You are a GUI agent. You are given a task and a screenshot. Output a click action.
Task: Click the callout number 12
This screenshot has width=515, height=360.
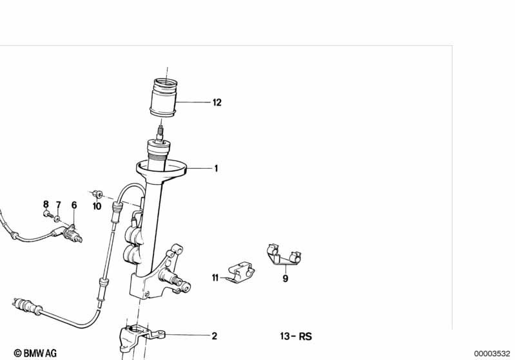217,102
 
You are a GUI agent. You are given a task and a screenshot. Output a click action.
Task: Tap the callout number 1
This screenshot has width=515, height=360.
216,169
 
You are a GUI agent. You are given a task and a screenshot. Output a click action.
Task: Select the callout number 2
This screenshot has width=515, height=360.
215,336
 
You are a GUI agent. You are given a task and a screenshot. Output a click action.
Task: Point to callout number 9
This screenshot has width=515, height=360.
286,279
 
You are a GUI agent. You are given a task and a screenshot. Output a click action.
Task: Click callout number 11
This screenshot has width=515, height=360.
215,278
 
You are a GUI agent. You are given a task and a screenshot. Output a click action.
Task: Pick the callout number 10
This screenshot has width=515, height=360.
97,207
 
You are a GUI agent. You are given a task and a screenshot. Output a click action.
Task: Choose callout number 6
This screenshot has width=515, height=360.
74,205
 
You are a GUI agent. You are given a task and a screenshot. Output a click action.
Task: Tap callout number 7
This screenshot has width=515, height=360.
59,205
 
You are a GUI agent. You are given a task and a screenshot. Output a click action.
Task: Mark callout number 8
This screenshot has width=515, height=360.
46,204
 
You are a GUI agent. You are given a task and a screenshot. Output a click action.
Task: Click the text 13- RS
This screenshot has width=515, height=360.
296,336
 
